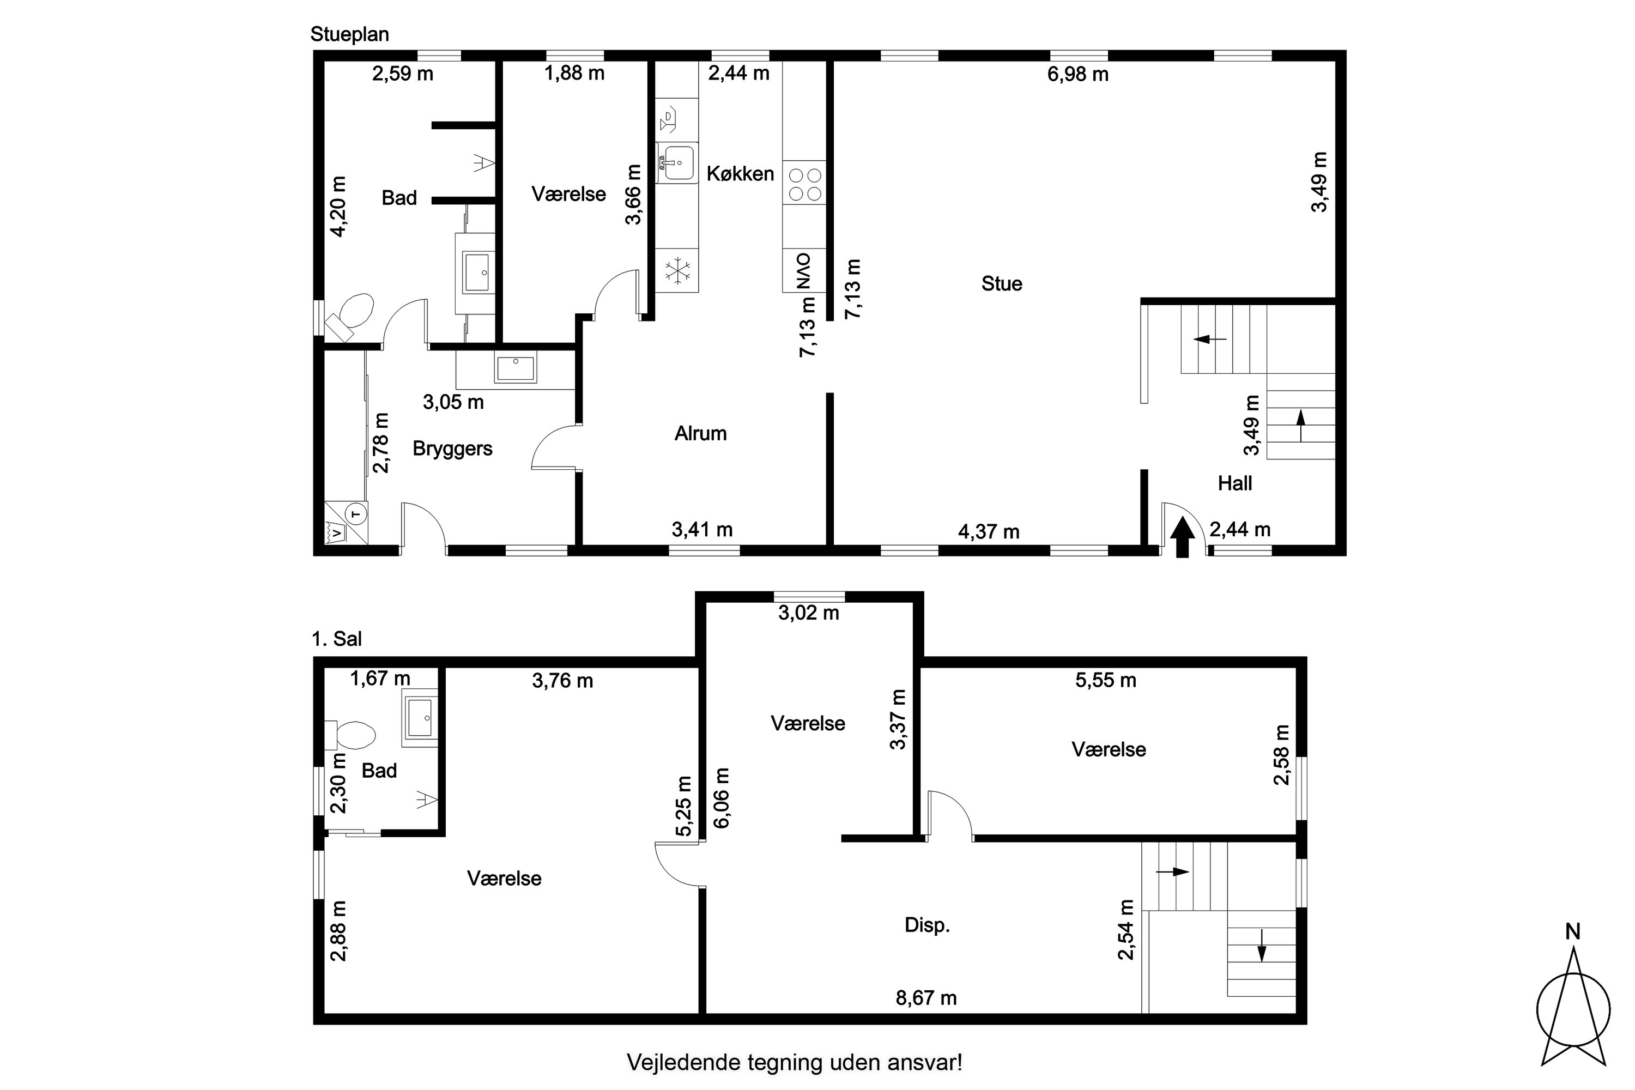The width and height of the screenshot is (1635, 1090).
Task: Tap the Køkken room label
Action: click(740, 174)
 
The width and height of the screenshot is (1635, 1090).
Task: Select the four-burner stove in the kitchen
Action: click(804, 184)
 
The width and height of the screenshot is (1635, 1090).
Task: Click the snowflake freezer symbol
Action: click(676, 270)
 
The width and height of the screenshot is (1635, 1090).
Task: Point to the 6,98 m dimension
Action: click(1077, 74)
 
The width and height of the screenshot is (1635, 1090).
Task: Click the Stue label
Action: click(1002, 283)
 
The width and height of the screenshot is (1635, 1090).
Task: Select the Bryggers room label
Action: click(452, 449)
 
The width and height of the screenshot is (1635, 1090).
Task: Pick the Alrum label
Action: click(701, 434)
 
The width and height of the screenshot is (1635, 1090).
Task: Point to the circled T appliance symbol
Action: click(356, 514)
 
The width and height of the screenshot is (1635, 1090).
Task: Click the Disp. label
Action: click(928, 925)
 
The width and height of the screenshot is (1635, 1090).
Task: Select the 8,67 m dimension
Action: click(926, 998)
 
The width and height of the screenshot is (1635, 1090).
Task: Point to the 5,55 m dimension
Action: click(1106, 681)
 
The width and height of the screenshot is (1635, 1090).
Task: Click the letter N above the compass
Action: click(1573, 932)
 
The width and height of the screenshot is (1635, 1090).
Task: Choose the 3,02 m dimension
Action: click(808, 613)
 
